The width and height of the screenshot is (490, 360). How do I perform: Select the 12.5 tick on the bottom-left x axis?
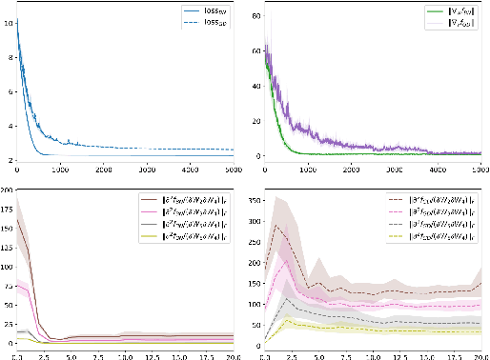(x=148, y=355)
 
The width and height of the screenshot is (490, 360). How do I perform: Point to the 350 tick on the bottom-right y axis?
(x=252, y=198)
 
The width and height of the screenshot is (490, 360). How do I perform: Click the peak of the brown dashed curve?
(x=276, y=226)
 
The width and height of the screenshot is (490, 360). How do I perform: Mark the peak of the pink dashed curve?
(x=287, y=259)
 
